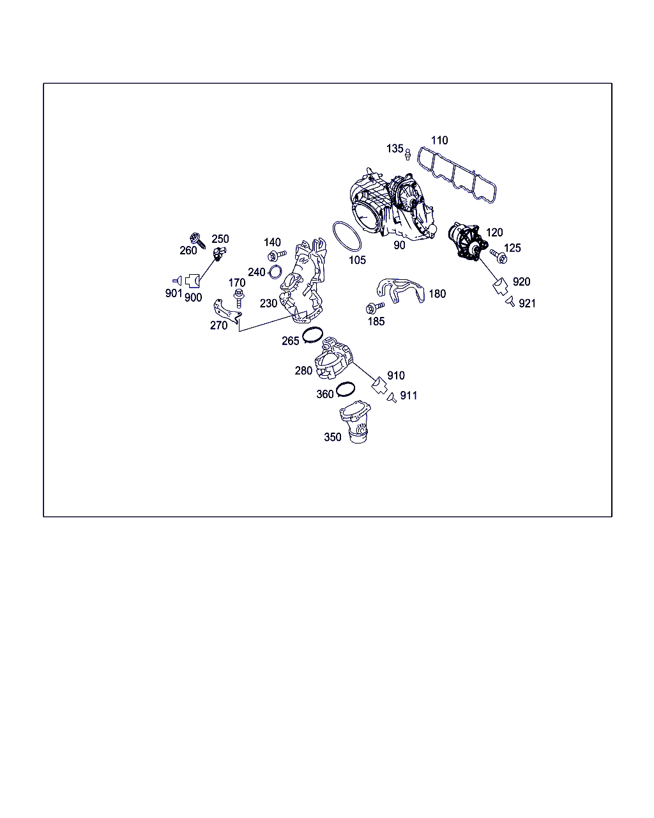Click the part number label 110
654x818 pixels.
[x=439, y=140]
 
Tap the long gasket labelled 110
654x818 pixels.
[x=457, y=176]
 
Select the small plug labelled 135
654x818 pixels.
[x=407, y=154]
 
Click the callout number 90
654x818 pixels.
[x=399, y=245]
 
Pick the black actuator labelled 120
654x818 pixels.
[x=468, y=242]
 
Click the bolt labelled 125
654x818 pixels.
[x=499, y=256]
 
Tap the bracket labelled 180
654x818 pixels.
[x=400, y=290]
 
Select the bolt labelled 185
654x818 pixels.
[x=375, y=307]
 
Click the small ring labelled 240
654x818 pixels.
[x=275, y=272]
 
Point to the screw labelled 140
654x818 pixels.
[x=277, y=256]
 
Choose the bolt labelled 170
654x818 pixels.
[x=239, y=298]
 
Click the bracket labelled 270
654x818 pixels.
[x=227, y=311]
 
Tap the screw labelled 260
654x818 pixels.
[x=197, y=240]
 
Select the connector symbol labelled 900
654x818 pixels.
[x=192, y=281]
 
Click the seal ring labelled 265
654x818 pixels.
[x=312, y=334]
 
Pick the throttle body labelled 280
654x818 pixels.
[x=333, y=358]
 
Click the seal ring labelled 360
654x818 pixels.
[x=346, y=389]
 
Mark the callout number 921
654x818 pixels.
[x=527, y=304]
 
